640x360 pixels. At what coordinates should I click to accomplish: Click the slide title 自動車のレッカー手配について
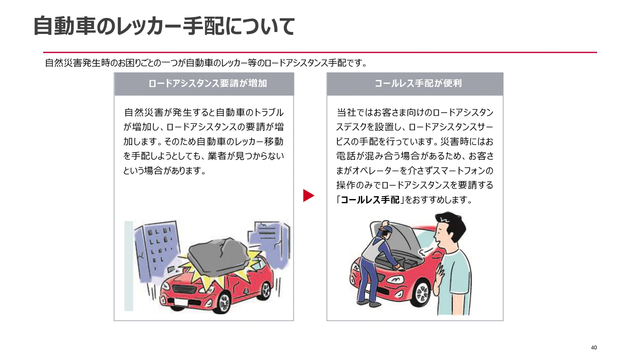point(164,26)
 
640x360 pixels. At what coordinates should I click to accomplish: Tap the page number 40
point(594,348)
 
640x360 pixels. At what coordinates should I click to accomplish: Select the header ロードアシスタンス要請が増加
point(207,83)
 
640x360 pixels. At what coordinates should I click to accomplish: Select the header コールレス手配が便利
point(418,83)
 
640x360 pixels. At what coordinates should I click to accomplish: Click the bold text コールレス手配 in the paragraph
point(370,200)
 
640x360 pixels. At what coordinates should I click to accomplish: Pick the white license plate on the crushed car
point(181,302)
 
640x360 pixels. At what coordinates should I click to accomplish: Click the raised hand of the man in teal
point(440,275)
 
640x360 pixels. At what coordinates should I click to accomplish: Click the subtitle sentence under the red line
point(206,63)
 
